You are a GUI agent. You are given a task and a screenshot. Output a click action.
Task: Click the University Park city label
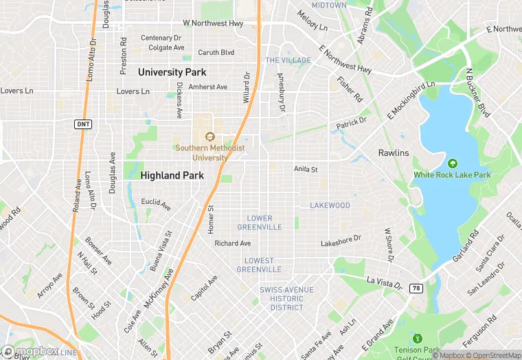[172, 72]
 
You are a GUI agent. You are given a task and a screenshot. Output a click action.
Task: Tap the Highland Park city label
[172, 176]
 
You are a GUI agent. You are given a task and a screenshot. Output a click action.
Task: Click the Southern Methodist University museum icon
[210, 136]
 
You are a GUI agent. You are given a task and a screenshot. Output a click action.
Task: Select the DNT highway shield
[82, 123]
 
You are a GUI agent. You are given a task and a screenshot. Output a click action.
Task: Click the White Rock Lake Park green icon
[452, 164]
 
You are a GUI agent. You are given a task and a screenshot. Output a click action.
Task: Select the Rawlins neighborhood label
[394, 153]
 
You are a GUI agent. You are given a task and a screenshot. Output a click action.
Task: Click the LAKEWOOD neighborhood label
[330, 205]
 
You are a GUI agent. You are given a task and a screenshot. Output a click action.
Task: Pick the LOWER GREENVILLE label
[260, 223]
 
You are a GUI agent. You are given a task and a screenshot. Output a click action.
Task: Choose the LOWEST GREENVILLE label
[260, 265]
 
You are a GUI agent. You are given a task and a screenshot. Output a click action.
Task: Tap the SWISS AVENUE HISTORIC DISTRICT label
[286, 299]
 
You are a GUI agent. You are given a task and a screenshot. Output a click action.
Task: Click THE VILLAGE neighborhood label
[288, 60]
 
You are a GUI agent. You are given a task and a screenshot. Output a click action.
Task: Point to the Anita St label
[306, 169]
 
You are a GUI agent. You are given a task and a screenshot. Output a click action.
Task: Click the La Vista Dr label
[383, 281]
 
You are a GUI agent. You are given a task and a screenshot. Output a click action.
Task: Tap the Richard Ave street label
[233, 243]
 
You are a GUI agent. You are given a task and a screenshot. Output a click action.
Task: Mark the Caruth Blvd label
[216, 52]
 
